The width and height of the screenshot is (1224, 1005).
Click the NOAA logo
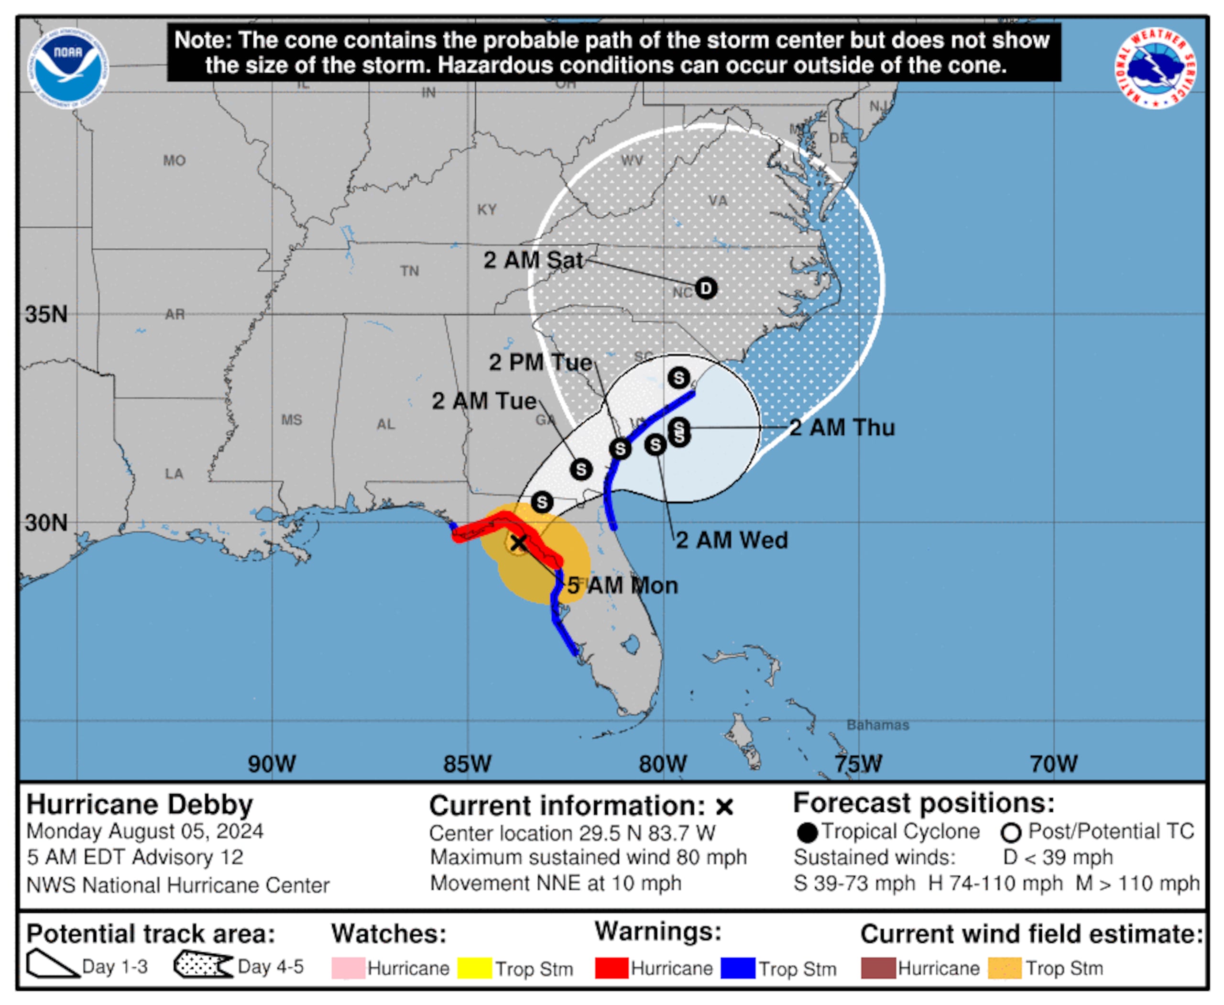(68, 68)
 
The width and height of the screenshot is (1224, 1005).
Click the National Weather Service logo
(1155, 68)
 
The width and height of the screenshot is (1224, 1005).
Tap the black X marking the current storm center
(519, 542)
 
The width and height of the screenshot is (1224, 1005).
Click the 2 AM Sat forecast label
(533, 260)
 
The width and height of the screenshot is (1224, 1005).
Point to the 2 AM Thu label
(842, 428)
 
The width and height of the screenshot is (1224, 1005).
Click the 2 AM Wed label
(732, 540)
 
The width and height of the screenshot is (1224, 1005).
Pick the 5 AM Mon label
(622, 585)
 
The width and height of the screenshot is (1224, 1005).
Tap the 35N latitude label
(46, 314)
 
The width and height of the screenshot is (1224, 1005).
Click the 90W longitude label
(272, 763)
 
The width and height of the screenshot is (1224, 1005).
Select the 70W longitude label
(1053, 763)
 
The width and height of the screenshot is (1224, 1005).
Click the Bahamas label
(877, 725)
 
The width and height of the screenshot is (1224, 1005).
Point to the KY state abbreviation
(487, 210)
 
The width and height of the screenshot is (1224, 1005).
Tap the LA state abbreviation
(174, 474)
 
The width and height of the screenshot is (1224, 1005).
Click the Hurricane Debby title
(140, 804)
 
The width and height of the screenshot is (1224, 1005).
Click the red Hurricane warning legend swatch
(611, 968)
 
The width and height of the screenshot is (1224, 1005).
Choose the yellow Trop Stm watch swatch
(475, 968)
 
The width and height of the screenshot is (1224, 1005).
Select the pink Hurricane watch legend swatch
(348, 968)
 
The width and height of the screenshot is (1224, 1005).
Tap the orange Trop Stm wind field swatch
(1005, 968)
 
